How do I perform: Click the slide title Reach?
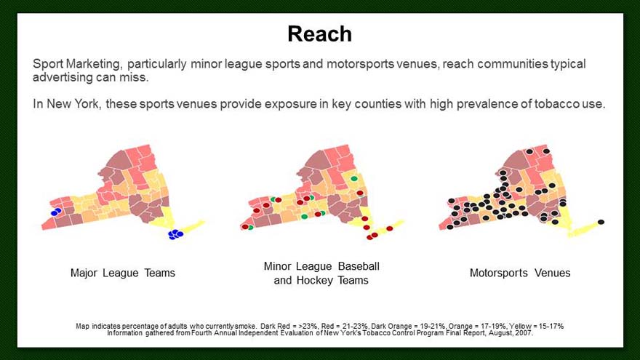click(319, 34)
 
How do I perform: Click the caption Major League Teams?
click(122, 273)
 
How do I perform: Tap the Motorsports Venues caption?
click(520, 273)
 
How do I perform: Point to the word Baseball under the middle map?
click(359, 266)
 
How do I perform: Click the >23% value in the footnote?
click(308, 326)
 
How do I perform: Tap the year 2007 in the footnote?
click(525, 333)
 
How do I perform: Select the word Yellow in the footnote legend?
click(519, 326)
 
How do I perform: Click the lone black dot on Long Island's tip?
click(601, 222)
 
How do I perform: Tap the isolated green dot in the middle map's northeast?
click(354, 178)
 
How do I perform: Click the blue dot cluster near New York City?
click(175, 234)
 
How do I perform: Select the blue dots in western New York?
click(55, 212)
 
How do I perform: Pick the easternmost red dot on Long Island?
click(389, 228)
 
